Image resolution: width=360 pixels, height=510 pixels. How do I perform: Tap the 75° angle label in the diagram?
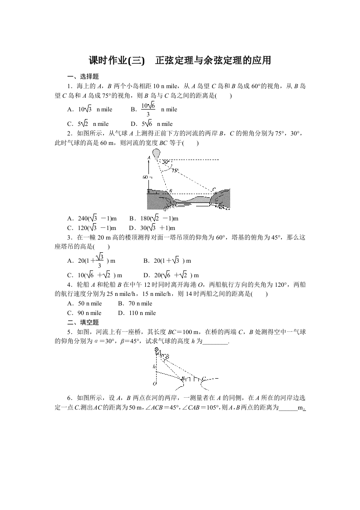[x=175, y=170]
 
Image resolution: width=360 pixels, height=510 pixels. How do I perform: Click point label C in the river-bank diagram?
[x=214, y=189]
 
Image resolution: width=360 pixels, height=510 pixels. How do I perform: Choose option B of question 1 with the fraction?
[x=154, y=110]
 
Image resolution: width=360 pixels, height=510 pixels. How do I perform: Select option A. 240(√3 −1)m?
[x=91, y=218]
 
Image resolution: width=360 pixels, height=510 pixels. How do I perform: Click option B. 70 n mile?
[x=135, y=303]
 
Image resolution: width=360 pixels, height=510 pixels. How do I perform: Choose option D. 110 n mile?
[x=137, y=313]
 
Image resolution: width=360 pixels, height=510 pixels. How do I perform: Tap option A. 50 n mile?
[x=84, y=303]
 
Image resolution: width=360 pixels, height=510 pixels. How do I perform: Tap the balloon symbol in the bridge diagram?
[x=158, y=350]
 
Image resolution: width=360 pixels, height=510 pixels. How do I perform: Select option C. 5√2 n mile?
[x=88, y=124]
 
